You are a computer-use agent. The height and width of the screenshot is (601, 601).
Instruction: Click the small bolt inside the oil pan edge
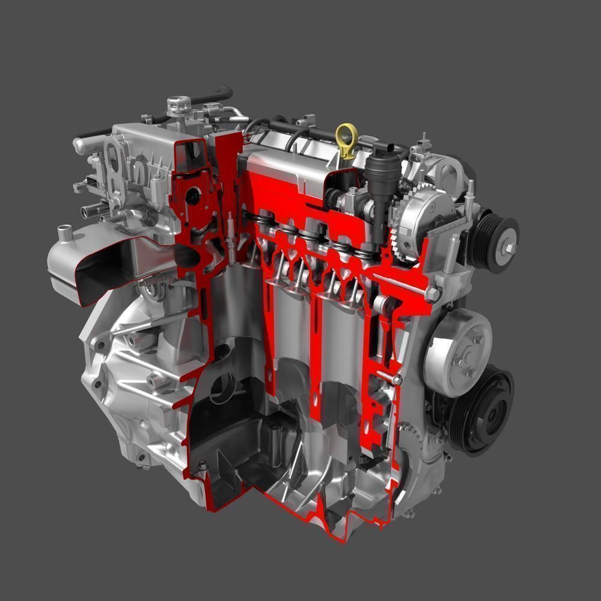203,465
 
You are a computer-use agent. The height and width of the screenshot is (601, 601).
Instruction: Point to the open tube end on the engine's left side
84,210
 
